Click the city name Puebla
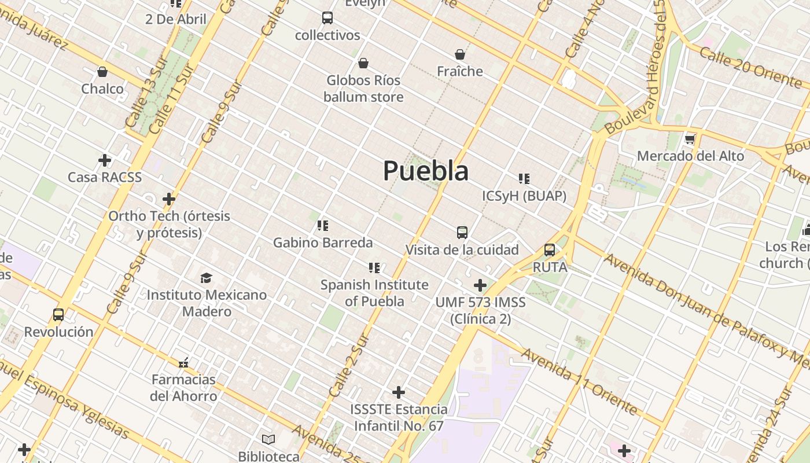pos(426,171)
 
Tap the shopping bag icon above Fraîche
pos(460,54)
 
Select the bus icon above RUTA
pos(550,250)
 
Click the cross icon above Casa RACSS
pos(105,160)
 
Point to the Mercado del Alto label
pos(690,156)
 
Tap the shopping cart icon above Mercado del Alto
pos(690,139)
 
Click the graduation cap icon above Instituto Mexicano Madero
pos(206,278)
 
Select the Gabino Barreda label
pos(323,242)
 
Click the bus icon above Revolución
pos(58,315)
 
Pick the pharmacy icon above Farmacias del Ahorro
pos(183,363)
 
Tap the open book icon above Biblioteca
pos(268,439)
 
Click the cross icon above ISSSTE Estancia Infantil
pos(399,392)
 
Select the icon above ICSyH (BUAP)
pos(524,179)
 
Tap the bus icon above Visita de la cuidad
pos(462,233)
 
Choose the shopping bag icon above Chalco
pos(102,72)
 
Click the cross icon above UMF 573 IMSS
pos(480,285)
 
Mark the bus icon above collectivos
pos(327,18)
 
